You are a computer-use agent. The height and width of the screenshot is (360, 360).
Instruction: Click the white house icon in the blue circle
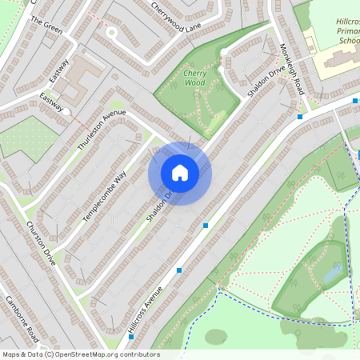[180, 173]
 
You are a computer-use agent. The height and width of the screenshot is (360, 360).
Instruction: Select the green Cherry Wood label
[194, 77]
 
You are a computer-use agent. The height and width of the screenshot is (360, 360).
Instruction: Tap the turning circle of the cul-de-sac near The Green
[112, 33]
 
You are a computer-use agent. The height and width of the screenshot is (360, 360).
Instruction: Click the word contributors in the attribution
[138, 354]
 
